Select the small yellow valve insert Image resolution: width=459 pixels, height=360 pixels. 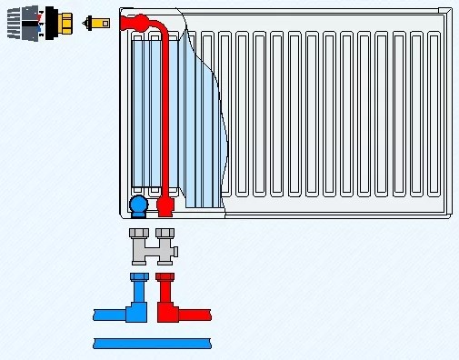(94, 22)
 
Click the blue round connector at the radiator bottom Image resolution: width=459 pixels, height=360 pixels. (138, 206)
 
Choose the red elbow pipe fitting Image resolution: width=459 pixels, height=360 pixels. (166, 305)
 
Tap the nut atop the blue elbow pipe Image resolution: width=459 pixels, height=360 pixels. (138, 276)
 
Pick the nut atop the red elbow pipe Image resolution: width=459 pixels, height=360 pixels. (165, 276)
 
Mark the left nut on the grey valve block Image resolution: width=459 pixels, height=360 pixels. (138, 234)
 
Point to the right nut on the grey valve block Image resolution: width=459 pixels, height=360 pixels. (165, 234)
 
